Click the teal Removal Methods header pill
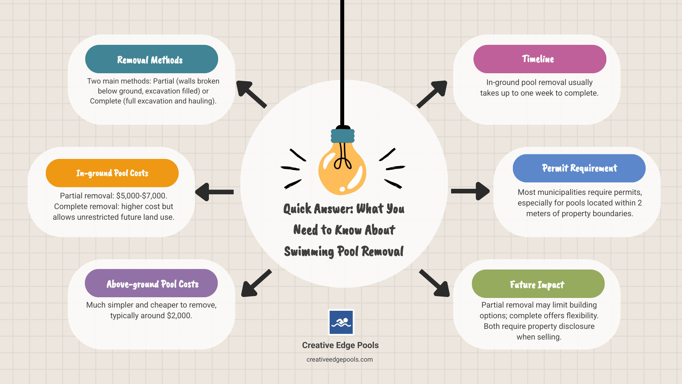151,59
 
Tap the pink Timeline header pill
540,59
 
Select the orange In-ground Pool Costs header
112,173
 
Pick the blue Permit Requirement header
579,168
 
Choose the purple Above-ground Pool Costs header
151,283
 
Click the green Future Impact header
538,284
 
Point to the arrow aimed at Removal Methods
251,94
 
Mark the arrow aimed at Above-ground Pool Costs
256,283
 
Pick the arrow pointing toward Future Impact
435,283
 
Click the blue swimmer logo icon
341,322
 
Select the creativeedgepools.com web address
340,359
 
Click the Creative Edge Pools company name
340,345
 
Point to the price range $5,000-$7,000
142,196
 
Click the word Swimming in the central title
309,251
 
